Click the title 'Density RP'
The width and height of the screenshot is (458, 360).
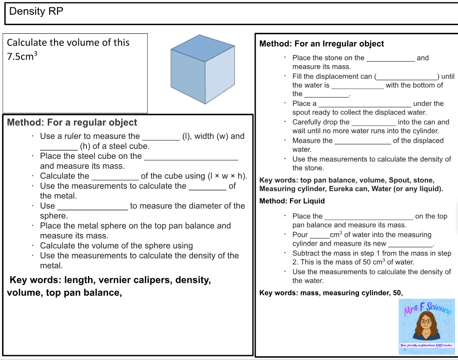36,11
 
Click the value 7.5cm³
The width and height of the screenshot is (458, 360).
22,56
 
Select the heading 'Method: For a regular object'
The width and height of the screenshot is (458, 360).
72,123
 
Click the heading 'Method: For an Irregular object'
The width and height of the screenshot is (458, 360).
321,44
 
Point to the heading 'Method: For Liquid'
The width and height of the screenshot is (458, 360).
292,201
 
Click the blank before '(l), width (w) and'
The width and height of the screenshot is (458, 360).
161,137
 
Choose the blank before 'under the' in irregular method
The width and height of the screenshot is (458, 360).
365,104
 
